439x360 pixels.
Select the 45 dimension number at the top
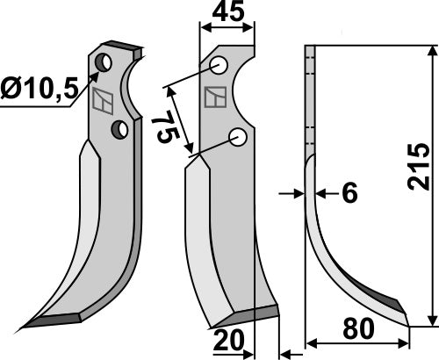point(228,14)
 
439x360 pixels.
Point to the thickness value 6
point(349,194)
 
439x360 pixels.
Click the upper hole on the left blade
point(104,63)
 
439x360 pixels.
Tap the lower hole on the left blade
point(119,130)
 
